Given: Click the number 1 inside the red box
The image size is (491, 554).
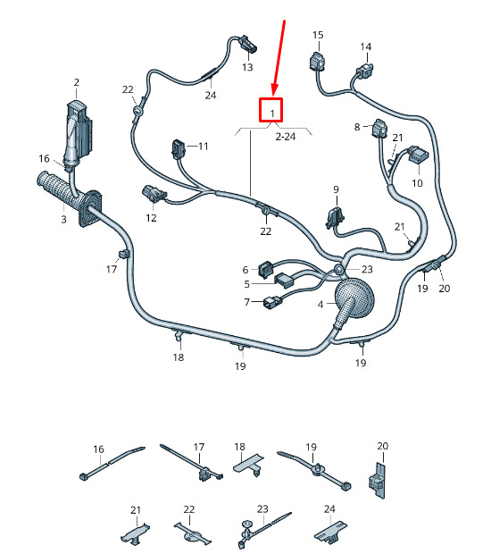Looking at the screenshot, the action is (x=272, y=113).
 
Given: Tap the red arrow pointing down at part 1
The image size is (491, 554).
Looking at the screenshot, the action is (x=279, y=59).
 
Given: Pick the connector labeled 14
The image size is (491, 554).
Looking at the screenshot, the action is (x=366, y=70).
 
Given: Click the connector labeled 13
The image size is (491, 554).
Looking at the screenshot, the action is (x=248, y=44).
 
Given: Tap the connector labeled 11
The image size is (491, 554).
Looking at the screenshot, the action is (x=179, y=148).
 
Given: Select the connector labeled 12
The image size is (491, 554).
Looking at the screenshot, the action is (x=154, y=194).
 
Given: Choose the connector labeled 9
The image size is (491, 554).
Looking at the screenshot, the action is (x=336, y=217).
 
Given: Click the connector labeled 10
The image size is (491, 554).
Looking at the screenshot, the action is (x=419, y=155).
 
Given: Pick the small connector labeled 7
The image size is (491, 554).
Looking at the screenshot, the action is (x=272, y=303).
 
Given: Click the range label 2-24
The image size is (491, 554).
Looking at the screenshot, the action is (x=285, y=137).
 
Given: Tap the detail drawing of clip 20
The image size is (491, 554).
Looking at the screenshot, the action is (x=378, y=480).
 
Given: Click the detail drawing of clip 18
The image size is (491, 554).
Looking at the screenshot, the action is (x=249, y=465).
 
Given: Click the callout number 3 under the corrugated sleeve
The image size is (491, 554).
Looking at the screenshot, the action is (x=63, y=219).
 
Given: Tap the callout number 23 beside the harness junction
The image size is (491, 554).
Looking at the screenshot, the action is (x=367, y=269).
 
